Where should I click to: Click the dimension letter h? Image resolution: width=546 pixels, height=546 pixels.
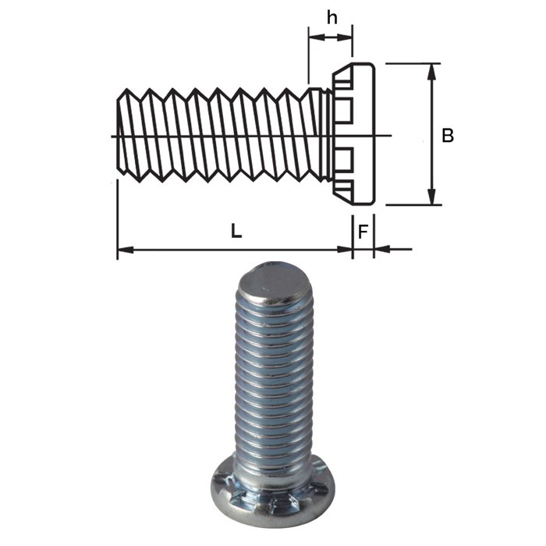coord(331,17)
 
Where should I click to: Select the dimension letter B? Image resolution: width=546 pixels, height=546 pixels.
coord(448,136)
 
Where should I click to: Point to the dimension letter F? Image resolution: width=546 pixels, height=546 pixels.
coord(363,232)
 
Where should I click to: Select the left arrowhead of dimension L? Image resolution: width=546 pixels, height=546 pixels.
coord(123,250)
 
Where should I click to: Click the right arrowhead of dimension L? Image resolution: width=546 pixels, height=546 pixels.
coord(346,250)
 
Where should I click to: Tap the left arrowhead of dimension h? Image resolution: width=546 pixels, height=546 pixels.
coord(313,34)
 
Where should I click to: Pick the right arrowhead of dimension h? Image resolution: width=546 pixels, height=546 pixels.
coord(348,34)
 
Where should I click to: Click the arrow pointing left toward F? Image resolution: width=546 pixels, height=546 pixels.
coord(380,250)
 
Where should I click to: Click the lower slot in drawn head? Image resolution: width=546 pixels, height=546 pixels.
coord(344,161)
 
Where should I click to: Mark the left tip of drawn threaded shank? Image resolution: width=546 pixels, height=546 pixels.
coord(119,134)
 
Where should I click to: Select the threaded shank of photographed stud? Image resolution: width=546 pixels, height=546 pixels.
coord(273,374)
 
